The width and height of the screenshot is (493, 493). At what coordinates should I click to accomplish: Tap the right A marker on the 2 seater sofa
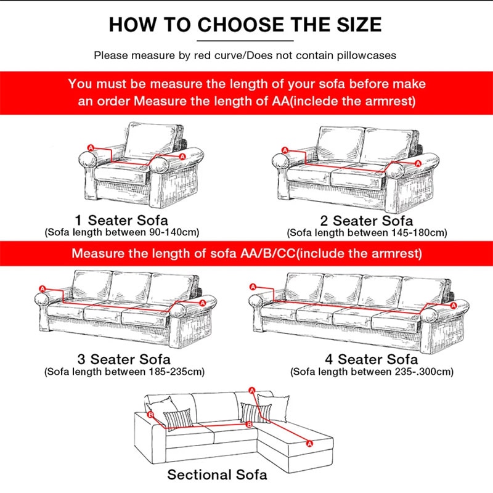pyautogui.click(x=418, y=163)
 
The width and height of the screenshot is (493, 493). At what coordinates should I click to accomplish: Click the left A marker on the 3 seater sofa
pyautogui.click(x=42, y=288)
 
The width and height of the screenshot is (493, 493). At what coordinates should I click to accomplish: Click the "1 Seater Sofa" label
pyautogui.click(x=121, y=220)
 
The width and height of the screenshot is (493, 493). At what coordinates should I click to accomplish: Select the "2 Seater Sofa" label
pyautogui.click(x=367, y=221)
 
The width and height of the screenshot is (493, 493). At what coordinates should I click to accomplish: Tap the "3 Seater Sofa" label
pyautogui.click(x=123, y=359)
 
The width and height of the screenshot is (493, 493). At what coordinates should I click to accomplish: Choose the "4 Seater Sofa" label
pyautogui.click(x=371, y=359)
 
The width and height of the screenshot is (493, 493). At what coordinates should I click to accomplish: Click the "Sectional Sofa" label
pyautogui.click(x=218, y=475)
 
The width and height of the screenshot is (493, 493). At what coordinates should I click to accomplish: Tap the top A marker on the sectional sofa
pyautogui.click(x=251, y=390)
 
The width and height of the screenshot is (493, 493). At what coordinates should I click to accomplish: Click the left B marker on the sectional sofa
pyautogui.click(x=151, y=416)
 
